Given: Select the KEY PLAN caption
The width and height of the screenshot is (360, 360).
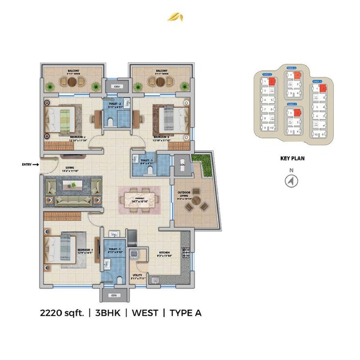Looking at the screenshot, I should pyautogui.click(x=292, y=158).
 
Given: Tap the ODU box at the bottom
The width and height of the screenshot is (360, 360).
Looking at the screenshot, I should pyautogui.click(x=114, y=295).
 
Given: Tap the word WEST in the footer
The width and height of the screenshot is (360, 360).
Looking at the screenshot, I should pyautogui.click(x=145, y=313).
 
